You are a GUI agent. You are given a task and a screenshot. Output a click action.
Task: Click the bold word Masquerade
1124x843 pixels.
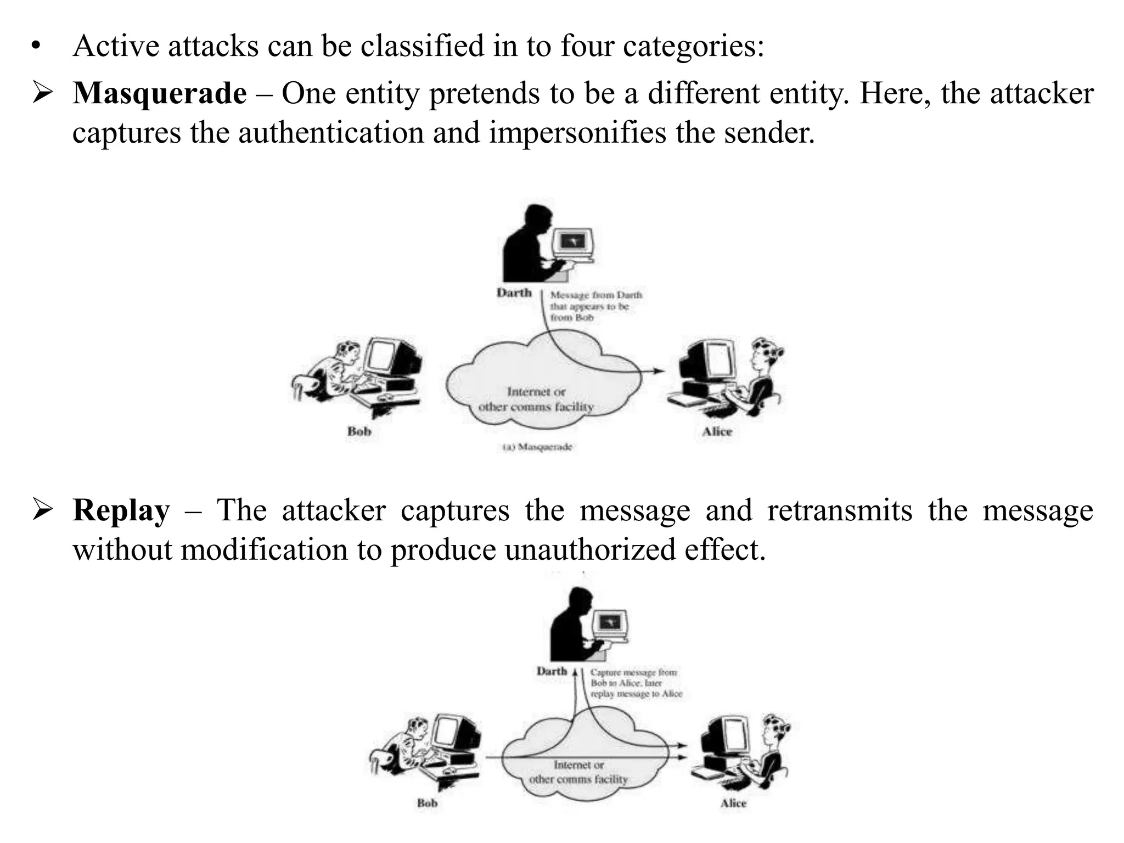point(159,93)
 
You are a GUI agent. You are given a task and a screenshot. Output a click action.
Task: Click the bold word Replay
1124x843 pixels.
point(121,510)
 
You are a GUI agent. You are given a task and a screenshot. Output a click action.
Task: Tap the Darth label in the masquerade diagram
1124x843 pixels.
point(514,293)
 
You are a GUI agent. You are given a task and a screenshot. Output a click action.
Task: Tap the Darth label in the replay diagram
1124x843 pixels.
point(552,671)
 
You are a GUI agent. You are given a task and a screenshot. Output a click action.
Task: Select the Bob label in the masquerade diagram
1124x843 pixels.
point(359,431)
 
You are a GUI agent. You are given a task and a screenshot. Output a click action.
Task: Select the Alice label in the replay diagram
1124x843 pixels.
point(733,803)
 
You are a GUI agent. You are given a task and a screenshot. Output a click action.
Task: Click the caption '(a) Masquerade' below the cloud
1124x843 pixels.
point(537,447)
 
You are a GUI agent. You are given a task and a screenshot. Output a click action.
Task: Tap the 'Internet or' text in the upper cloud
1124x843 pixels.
point(536,392)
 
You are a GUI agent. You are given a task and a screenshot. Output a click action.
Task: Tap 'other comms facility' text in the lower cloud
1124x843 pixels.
point(578,779)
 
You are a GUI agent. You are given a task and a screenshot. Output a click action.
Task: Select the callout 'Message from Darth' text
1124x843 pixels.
point(596,295)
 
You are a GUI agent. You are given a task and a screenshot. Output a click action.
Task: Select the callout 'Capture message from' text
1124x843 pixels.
point(633,672)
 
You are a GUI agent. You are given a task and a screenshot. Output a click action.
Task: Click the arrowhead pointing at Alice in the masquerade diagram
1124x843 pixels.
point(660,371)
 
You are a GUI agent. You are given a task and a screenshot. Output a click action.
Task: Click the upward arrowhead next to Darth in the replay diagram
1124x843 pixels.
point(575,672)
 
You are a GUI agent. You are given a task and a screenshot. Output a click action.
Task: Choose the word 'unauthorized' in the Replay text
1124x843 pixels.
point(590,550)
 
